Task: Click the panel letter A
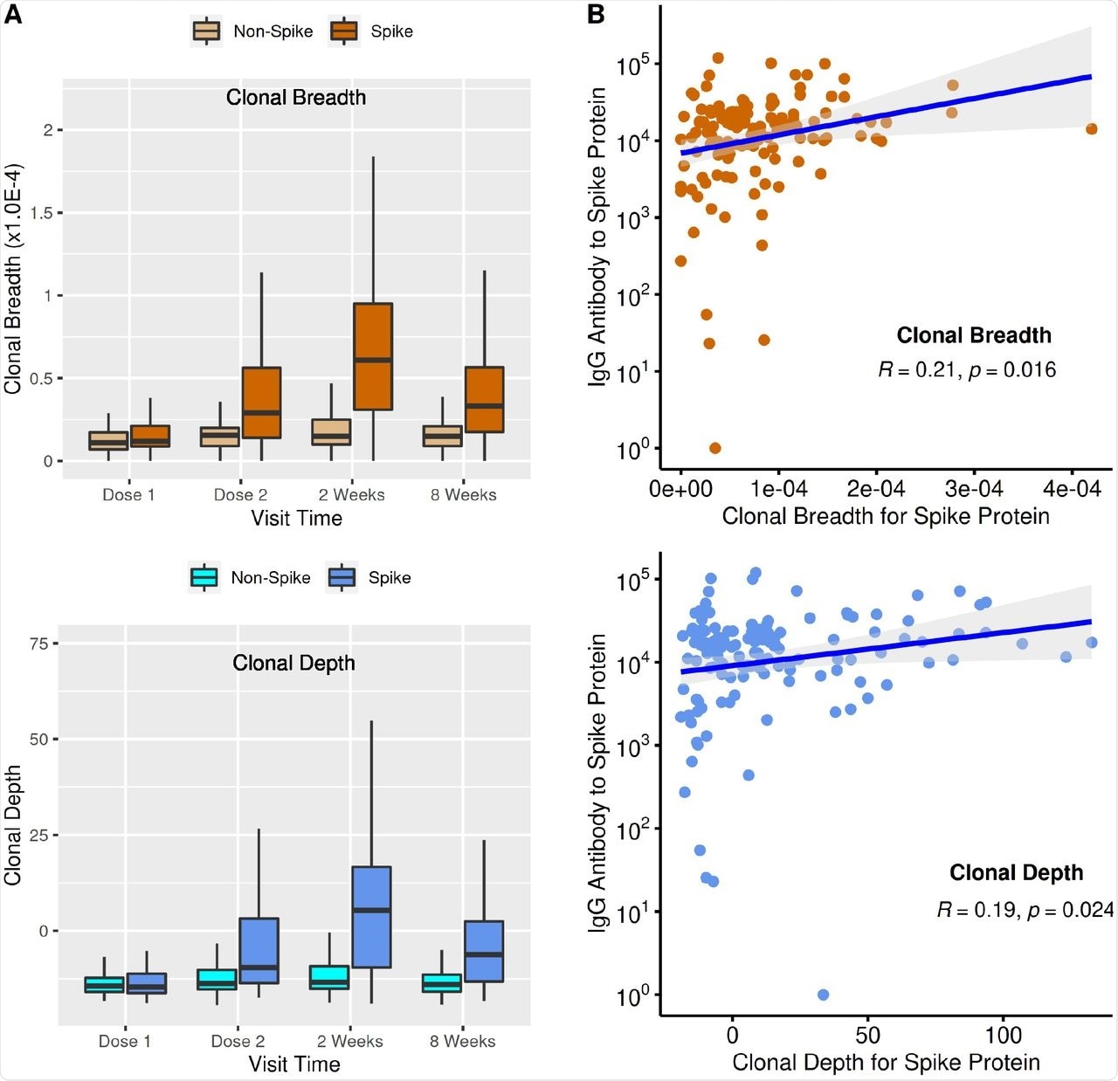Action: coord(13,15)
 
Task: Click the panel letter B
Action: coord(597,15)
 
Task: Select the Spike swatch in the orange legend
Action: coord(344,31)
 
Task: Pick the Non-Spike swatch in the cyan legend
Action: coord(204,578)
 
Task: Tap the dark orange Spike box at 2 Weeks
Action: coord(373,356)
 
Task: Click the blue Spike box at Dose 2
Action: coord(259,950)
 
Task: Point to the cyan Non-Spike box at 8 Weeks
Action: coord(442,983)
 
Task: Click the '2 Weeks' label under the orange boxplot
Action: coord(351,495)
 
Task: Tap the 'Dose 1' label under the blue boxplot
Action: coord(124,1042)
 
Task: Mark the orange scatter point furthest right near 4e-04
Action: coord(1091,129)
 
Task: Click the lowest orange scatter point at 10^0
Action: coord(714,448)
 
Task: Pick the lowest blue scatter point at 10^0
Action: coord(823,995)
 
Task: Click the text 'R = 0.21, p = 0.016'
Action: coord(967,370)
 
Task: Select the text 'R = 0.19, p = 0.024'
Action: coord(1025,911)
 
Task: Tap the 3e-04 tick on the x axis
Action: coord(974,489)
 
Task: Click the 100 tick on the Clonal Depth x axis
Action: coord(1003,1036)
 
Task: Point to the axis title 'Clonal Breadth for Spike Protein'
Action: coord(886,516)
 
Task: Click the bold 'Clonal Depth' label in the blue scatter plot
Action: coord(1016,872)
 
